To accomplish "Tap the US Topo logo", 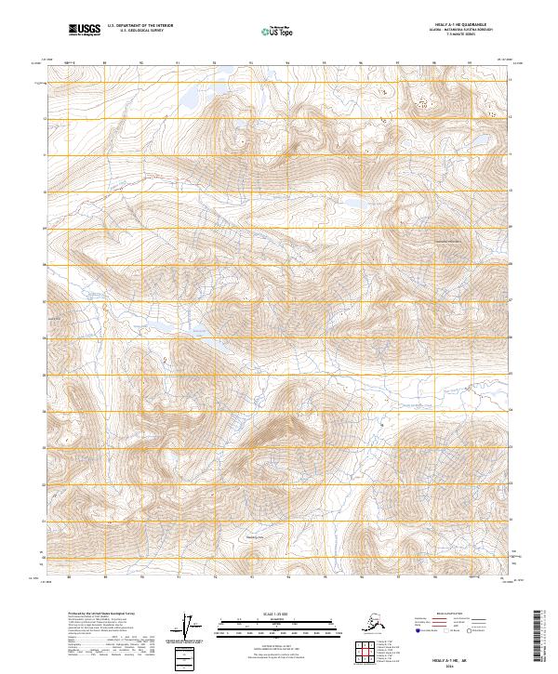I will click(272, 32).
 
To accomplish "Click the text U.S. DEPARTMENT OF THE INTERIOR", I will click(139, 28).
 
